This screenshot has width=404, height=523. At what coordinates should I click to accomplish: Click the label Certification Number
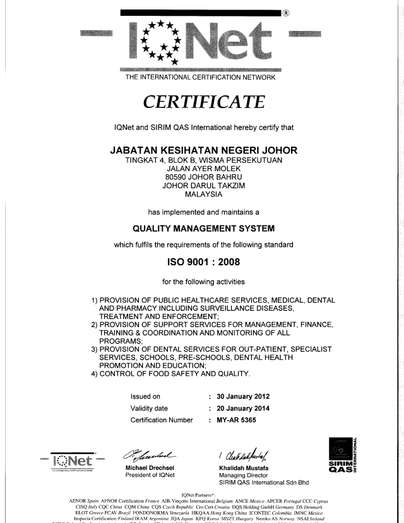162,419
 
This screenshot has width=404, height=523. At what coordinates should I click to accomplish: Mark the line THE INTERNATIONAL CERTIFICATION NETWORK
201,77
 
